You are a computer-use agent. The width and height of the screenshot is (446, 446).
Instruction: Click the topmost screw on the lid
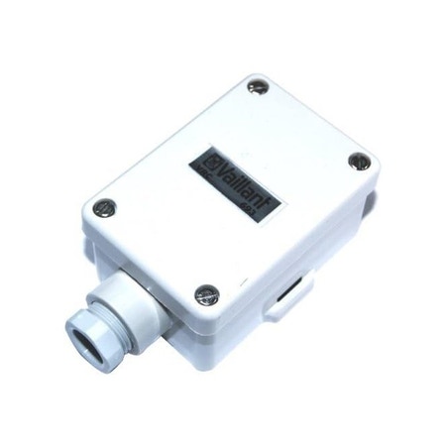[257, 87]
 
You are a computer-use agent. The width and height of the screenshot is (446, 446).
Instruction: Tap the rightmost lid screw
[358, 164]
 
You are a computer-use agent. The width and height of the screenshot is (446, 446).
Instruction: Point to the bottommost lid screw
[205, 293]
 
